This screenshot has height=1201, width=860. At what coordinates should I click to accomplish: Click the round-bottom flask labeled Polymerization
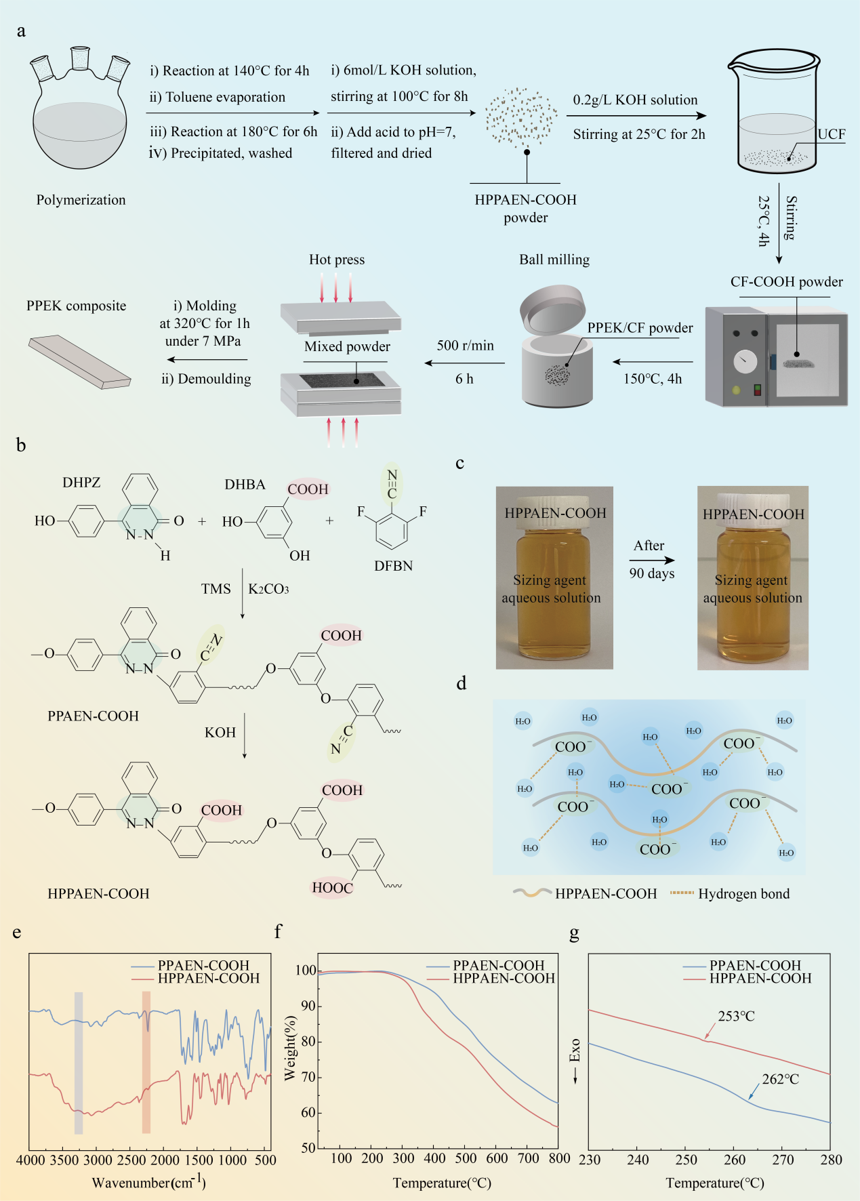(80, 122)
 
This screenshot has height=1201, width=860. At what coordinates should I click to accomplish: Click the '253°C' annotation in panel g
(736, 1016)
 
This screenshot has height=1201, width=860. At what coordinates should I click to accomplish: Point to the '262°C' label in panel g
(780, 1079)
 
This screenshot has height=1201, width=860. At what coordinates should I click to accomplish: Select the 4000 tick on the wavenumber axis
(30, 1160)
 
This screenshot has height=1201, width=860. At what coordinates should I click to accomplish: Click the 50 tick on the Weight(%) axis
(308, 1147)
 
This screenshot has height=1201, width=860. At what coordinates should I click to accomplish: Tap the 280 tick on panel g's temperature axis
(831, 1160)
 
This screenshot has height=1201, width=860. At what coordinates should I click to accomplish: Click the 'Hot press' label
(337, 260)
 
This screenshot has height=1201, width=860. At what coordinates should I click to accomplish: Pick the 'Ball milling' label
(554, 260)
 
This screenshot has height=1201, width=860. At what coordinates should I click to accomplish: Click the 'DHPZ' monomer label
(81, 483)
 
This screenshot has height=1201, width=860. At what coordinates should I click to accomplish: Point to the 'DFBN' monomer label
(393, 566)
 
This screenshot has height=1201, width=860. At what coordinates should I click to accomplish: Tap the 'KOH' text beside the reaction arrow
(220, 733)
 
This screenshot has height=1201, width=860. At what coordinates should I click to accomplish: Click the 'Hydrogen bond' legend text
(743, 894)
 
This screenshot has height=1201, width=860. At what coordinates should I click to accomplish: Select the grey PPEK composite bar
(79, 361)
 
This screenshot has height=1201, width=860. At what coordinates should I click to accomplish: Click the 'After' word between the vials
(649, 546)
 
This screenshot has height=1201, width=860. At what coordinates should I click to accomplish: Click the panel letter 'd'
(462, 683)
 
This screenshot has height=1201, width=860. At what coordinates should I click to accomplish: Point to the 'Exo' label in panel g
(575, 1051)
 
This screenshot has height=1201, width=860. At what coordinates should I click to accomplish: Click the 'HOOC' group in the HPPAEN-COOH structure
(332, 888)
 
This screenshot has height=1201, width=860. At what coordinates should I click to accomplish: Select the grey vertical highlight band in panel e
(79, 1063)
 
